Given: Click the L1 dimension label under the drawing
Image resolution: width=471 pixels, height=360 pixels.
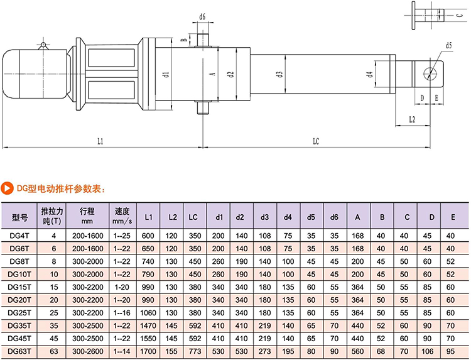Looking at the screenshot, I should (x=100, y=141).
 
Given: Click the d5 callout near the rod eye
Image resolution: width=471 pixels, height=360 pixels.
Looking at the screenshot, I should (x=449, y=45).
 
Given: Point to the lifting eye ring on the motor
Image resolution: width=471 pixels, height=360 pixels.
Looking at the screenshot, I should (x=42, y=45).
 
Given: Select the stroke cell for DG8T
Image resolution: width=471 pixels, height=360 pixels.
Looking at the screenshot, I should (x=87, y=261).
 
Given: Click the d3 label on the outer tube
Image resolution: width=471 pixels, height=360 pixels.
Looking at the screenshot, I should (x=278, y=74).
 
